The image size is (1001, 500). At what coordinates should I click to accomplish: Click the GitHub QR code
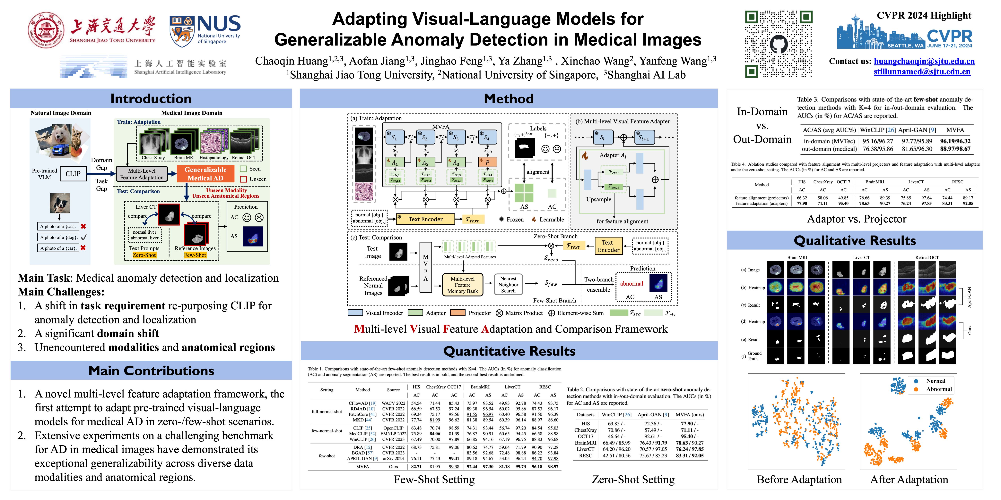point(778,44)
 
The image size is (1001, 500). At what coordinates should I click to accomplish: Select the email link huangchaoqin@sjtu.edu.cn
point(924,61)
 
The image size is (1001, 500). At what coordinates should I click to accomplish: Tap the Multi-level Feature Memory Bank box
point(462,285)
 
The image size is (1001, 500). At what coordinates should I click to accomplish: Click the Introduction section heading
point(151,99)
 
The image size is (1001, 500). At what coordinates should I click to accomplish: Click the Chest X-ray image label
point(153,158)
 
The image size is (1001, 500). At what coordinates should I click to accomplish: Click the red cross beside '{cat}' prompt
point(83,226)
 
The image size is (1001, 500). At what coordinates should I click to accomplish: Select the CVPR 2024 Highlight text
point(924,16)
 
